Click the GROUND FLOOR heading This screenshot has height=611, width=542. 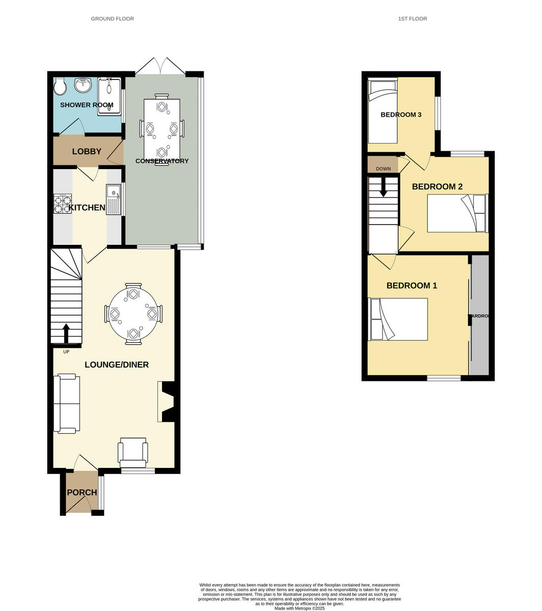pyautogui.click(x=112, y=19)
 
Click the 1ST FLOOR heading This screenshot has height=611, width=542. pyautogui.click(x=413, y=19)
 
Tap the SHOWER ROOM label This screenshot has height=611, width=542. pyautogui.click(x=87, y=105)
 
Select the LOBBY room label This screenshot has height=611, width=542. pyautogui.click(x=87, y=151)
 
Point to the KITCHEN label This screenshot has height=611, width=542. pyautogui.click(x=87, y=208)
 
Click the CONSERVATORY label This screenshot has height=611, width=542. pyautogui.click(x=162, y=161)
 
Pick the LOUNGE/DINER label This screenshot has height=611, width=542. pyautogui.click(x=117, y=365)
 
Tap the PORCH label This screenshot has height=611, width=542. pyautogui.click(x=82, y=492)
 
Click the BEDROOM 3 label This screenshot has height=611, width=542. pyautogui.click(x=401, y=115)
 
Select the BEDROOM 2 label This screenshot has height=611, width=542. pyautogui.click(x=437, y=187)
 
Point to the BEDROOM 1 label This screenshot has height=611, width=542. pyautogui.click(x=412, y=286)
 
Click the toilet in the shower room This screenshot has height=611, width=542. pyautogui.click(x=60, y=87)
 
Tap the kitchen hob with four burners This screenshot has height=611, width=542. pyautogui.click(x=62, y=204)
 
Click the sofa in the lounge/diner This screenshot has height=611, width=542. pyautogui.click(x=66, y=403)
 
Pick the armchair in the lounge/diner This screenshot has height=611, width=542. pyautogui.click(x=133, y=452)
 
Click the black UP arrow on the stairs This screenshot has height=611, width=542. pyautogui.click(x=66, y=334)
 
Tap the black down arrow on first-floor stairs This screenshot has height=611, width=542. pyautogui.click(x=383, y=187)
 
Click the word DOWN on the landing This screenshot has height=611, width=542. pyautogui.click(x=383, y=169)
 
